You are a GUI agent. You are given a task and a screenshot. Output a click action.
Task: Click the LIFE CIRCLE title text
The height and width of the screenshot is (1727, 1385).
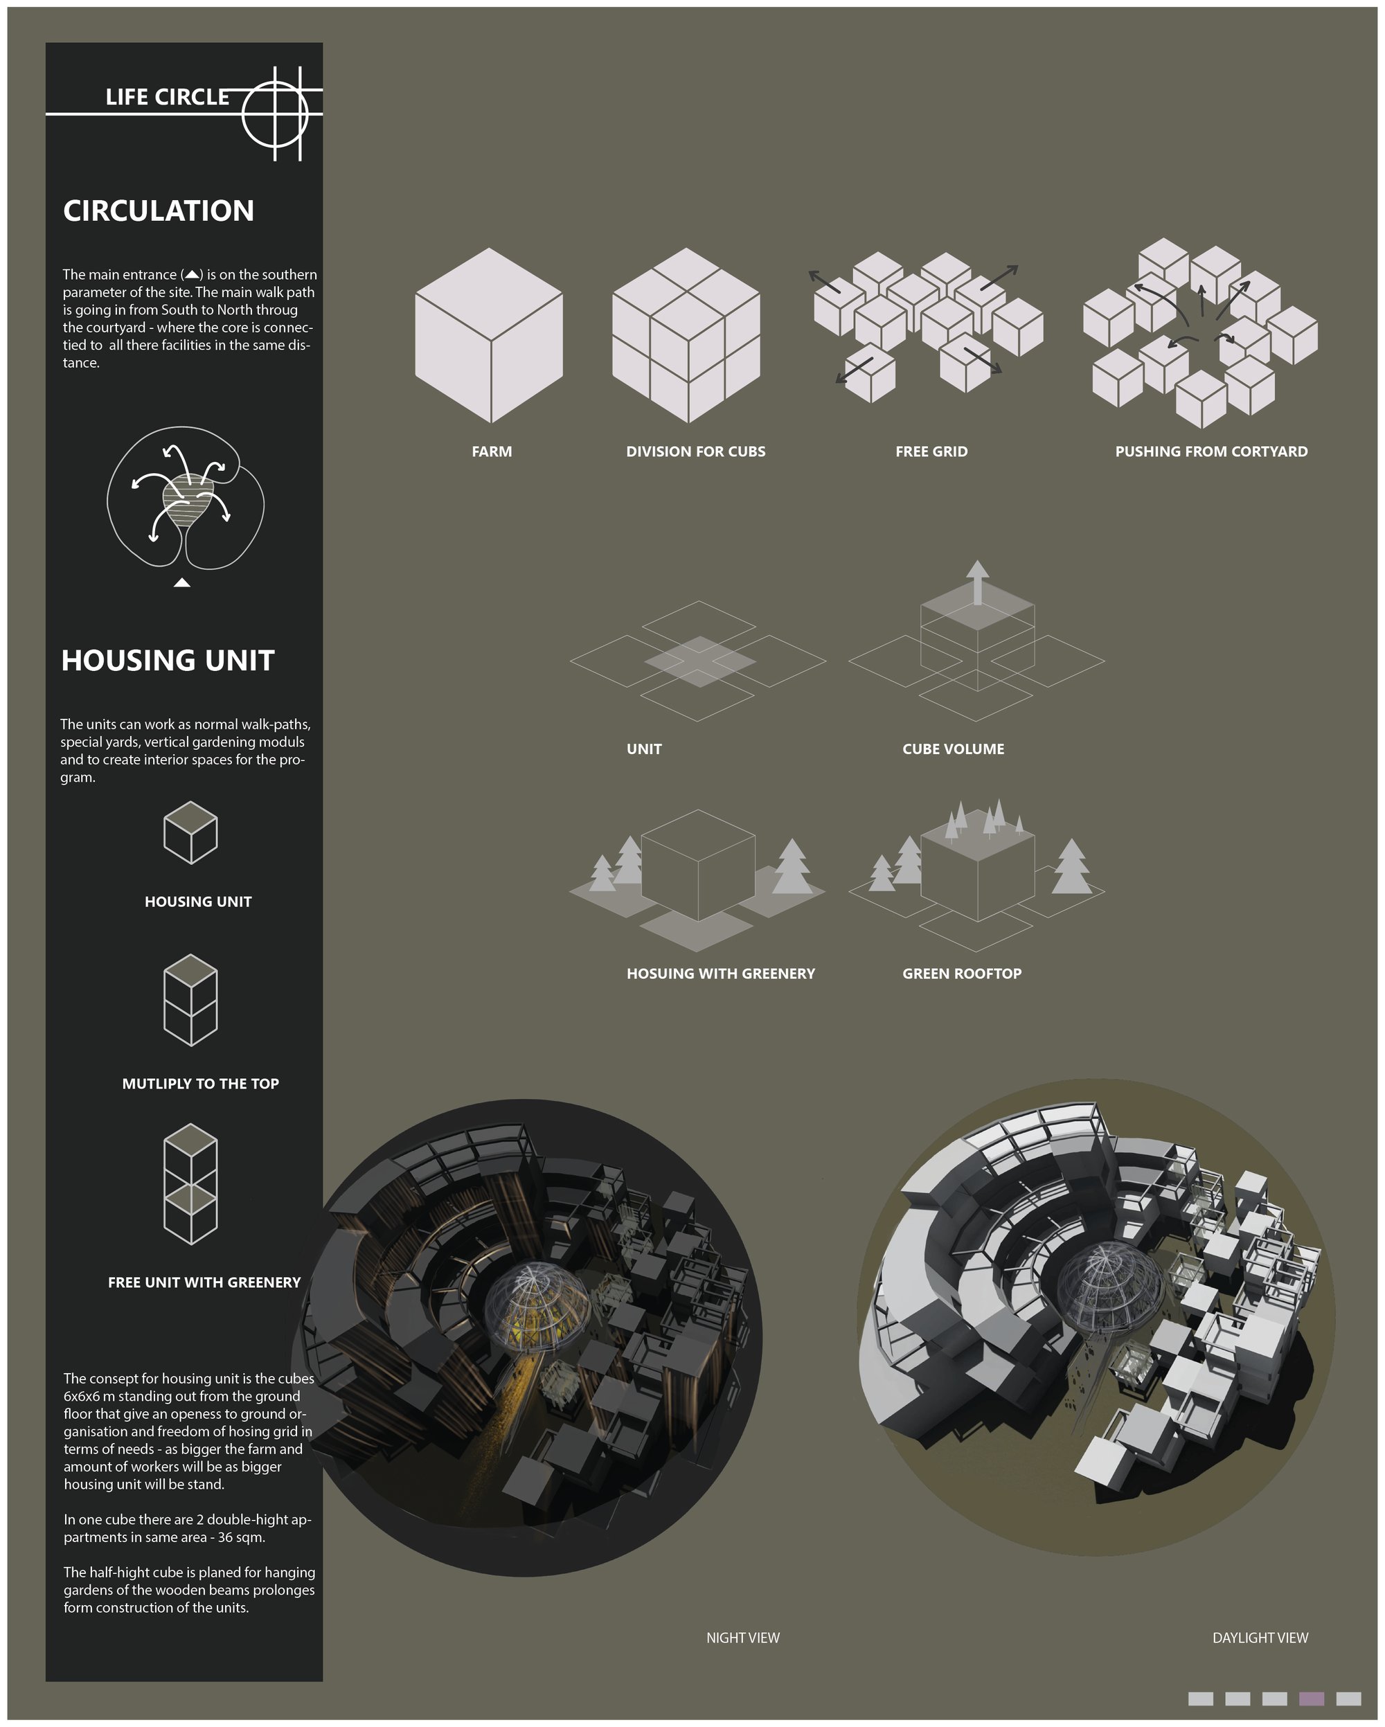coord(168,97)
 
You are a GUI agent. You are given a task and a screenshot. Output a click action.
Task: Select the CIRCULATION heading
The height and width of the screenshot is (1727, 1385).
coord(159,211)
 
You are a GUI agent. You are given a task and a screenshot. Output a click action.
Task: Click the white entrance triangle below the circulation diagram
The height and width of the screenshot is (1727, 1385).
coord(182,582)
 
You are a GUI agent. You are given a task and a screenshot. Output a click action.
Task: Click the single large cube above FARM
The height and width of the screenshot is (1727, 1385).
coord(489,335)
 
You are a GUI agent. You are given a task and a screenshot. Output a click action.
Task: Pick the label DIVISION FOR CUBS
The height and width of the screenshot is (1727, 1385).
coord(695,451)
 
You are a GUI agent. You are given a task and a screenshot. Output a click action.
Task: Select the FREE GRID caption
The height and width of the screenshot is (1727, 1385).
coord(931,451)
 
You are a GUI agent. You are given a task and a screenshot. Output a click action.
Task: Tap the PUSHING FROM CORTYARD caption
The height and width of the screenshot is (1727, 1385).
coord(1211,451)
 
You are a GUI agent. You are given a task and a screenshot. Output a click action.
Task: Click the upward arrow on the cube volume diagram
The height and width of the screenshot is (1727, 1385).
coord(977,582)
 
